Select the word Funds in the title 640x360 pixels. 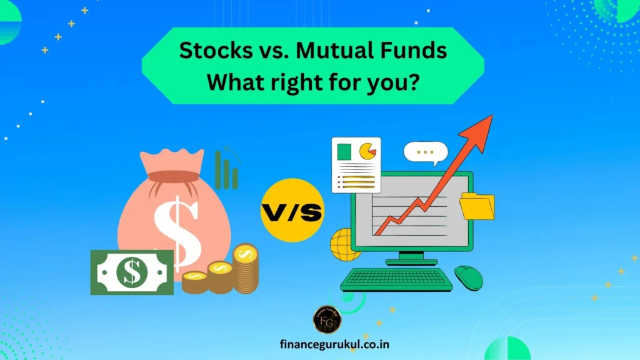click(414, 51)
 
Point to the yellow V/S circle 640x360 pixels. click(292, 212)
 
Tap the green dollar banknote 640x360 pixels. click(132, 272)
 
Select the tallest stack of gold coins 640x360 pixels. click(246, 269)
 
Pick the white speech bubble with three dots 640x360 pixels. click(426, 153)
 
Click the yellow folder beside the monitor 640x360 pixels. click(477, 207)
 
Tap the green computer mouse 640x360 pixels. click(468, 277)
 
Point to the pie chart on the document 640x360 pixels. click(367, 151)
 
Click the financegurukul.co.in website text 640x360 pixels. click(327, 344)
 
